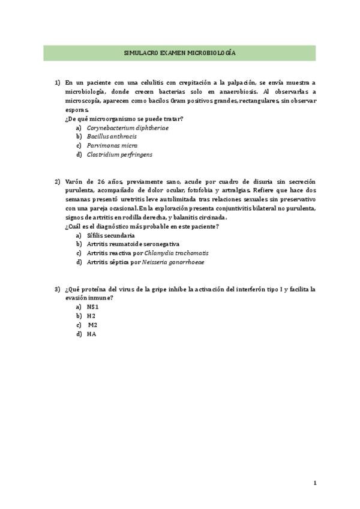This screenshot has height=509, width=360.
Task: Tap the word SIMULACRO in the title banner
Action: (x=139, y=53)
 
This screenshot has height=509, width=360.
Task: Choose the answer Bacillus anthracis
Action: (x=111, y=136)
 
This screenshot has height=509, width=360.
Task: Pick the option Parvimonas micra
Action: (x=112, y=145)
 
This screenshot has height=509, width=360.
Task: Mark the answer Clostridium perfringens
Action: (x=119, y=154)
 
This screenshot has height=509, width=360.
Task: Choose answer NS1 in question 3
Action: (x=92, y=307)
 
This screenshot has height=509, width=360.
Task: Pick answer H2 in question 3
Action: (x=91, y=316)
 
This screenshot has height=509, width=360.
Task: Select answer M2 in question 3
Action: (x=92, y=325)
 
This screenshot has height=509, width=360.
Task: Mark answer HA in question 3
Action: (x=91, y=334)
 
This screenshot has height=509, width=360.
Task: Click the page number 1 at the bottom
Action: (x=315, y=483)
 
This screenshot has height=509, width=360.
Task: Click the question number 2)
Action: (x=58, y=181)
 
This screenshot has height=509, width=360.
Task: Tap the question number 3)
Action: (x=58, y=289)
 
